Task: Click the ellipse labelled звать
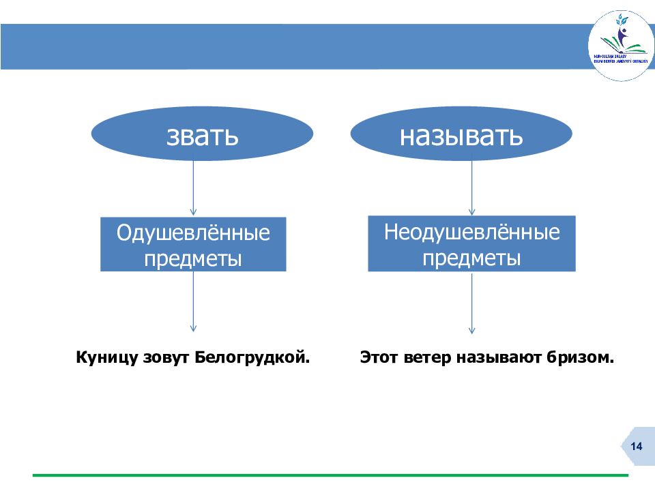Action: point(203,134)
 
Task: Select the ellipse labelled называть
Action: point(461,134)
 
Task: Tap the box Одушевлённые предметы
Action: point(193,245)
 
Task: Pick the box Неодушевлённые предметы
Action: point(471,243)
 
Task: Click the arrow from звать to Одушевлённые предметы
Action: point(193,188)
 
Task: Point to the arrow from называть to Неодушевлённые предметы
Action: point(471,187)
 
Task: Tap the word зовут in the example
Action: point(167,357)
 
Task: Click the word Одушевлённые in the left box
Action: point(193,233)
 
